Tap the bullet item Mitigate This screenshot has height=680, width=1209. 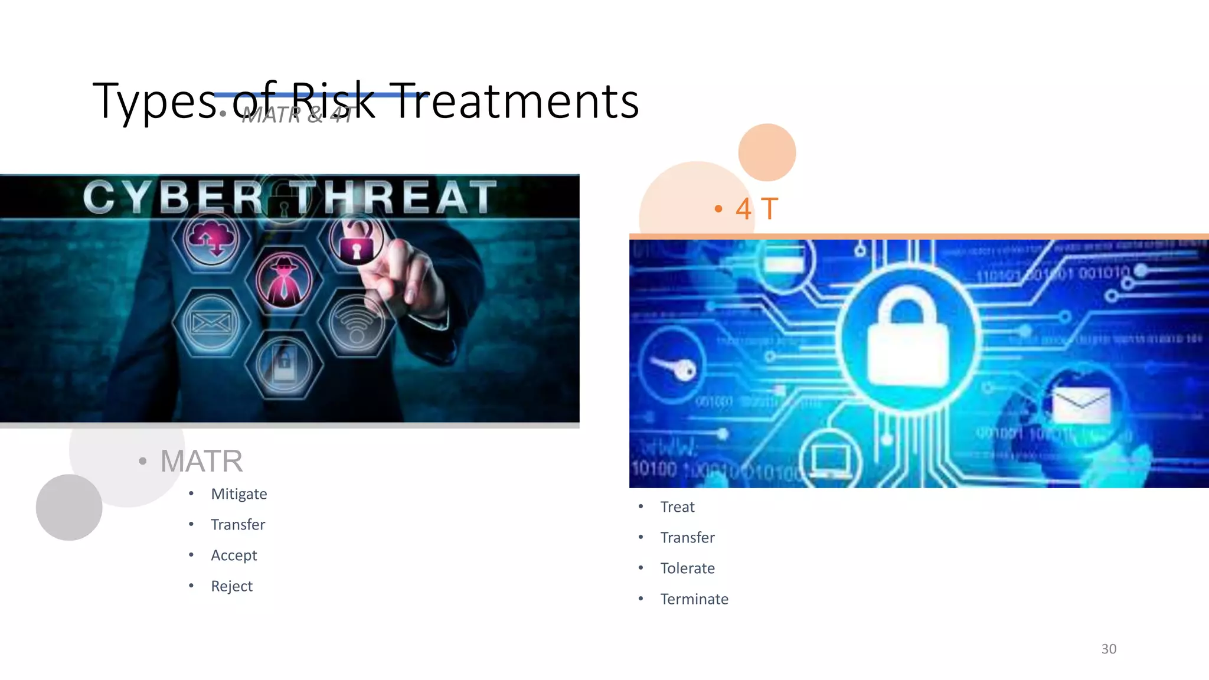pyautogui.click(x=238, y=494)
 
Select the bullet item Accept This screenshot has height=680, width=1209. pyautogui.click(x=234, y=555)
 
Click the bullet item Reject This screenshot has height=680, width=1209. pyautogui.click(x=231, y=586)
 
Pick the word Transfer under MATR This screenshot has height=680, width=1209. pyautogui.click(x=238, y=525)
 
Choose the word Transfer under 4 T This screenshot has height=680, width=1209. pyautogui.click(x=687, y=538)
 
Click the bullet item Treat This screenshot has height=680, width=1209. pyautogui.click(x=677, y=507)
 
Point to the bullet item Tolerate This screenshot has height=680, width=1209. pyautogui.click(x=687, y=568)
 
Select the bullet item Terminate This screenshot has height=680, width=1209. pyautogui.click(x=694, y=599)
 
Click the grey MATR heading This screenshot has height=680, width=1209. pyautogui.click(x=201, y=461)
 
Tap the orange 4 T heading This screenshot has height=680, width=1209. pyautogui.click(x=756, y=209)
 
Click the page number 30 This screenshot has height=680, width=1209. pyautogui.click(x=1108, y=649)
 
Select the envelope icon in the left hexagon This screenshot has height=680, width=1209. pyautogui.click(x=211, y=322)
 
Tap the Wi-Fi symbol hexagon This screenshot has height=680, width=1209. pyautogui.click(x=357, y=322)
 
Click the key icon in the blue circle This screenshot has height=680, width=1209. pyautogui.click(x=673, y=367)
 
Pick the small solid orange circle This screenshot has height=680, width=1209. pyautogui.click(x=767, y=152)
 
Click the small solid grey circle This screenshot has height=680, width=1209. pyautogui.click(x=69, y=508)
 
